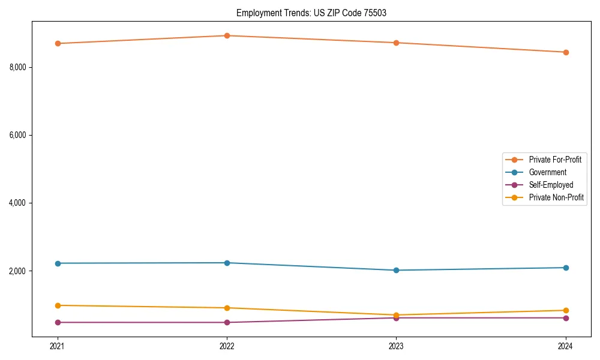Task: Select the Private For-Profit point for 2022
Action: point(227,35)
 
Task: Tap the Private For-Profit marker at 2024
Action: point(566,52)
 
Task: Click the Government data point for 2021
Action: point(58,263)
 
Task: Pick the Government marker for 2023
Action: point(396,270)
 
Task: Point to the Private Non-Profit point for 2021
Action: point(58,305)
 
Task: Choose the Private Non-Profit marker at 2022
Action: point(227,308)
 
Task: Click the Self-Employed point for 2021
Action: point(58,322)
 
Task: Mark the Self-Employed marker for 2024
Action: point(566,318)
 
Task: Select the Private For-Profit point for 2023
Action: point(396,43)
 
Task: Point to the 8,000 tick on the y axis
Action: point(18,67)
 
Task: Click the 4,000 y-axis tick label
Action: point(18,203)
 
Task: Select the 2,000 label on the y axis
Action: point(18,271)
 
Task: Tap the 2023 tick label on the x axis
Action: point(396,346)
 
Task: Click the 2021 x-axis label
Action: point(58,346)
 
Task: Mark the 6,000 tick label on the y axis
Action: point(18,135)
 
